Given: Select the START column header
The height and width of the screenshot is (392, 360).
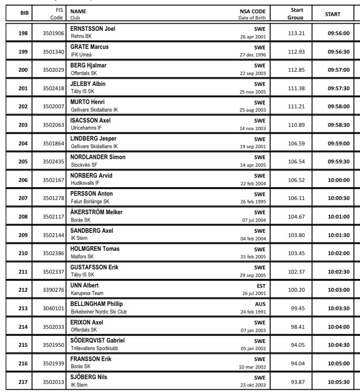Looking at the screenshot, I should point(332,14).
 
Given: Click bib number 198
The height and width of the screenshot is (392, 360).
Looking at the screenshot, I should point(22,33).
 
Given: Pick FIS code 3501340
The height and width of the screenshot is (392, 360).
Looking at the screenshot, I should point(53,52).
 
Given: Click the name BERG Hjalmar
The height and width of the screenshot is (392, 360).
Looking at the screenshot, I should point(88,66).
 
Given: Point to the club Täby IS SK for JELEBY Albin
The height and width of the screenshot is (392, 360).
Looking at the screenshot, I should point(83,91).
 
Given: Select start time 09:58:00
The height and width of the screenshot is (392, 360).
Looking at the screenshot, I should point(339,107).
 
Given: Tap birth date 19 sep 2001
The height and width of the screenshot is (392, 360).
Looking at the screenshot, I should point(253,147).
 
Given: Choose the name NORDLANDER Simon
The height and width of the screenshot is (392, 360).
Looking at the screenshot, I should point(98,157).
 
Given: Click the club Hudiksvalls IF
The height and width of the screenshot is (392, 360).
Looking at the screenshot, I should point(85,183).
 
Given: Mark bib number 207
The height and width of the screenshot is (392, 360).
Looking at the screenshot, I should point(22,198).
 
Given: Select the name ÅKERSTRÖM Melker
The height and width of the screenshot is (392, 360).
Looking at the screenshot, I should point(96,212).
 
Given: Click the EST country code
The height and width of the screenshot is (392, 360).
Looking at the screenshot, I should point(261,286).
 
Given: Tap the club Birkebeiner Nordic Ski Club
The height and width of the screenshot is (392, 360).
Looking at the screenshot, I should point(99,312).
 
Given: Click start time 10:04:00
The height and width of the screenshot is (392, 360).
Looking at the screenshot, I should point(339,327).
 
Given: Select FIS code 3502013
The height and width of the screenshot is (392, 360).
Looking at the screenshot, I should point(53,382).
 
